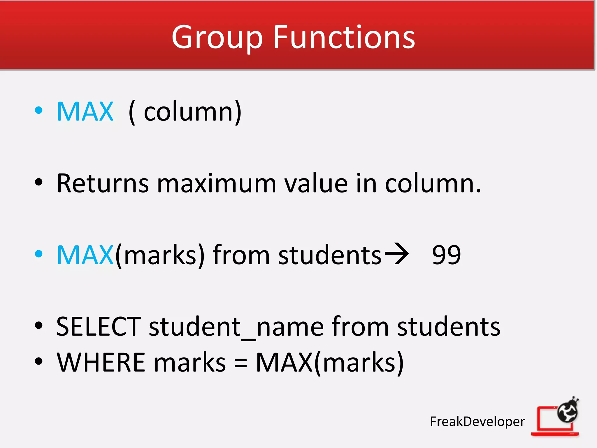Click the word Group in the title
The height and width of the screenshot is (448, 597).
click(217, 38)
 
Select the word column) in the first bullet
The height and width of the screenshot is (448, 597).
click(192, 112)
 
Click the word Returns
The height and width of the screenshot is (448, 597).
click(103, 183)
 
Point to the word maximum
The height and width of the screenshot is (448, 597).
click(217, 184)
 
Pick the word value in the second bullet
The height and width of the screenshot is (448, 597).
click(316, 183)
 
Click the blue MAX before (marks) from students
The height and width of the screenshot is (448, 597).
click(85, 255)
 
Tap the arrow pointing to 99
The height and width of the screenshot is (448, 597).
click(396, 254)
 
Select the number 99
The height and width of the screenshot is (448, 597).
click(446, 255)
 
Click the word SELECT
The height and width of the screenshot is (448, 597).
click(99, 327)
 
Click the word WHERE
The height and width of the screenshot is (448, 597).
click(101, 363)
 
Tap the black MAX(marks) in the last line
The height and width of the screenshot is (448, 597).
click(329, 363)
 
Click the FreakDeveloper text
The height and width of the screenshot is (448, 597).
click(477, 421)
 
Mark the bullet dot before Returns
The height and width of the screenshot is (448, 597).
click(38, 182)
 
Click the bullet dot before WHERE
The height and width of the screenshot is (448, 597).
click(38, 361)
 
